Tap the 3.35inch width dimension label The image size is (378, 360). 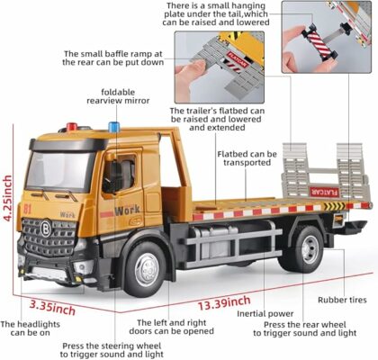point(51,303)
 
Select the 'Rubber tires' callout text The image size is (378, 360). point(343,301)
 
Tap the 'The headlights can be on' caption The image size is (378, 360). point(26,329)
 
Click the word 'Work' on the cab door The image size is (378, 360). point(127,210)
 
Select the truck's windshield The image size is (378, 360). point(60,171)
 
